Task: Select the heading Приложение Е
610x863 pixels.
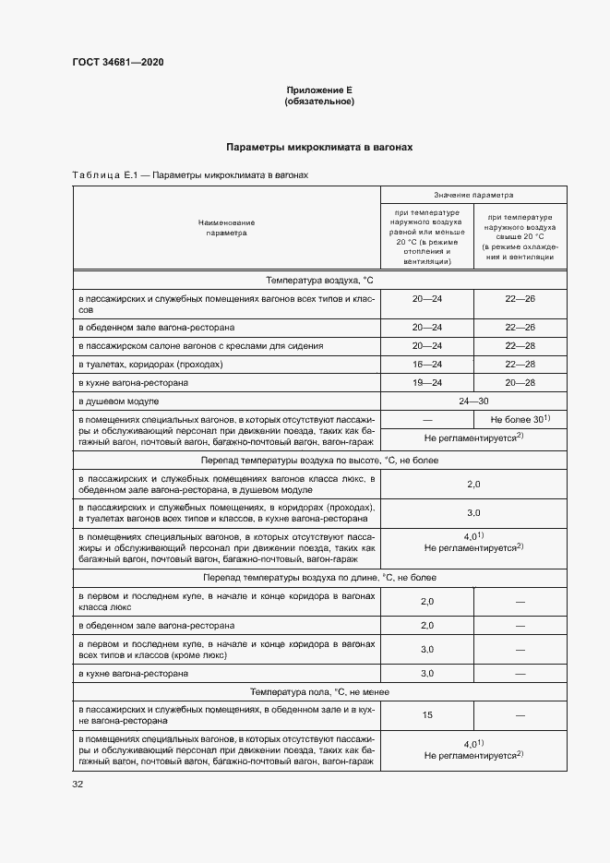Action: click(319, 90)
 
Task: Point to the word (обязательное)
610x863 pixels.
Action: click(319, 101)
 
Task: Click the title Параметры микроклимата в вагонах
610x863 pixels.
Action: click(319, 147)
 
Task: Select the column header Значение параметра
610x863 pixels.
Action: click(473, 196)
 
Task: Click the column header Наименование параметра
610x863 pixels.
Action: click(226, 228)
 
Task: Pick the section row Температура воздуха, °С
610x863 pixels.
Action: click(318, 280)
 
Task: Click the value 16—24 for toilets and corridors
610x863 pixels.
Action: click(426, 365)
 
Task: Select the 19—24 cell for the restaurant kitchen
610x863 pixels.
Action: click(426, 383)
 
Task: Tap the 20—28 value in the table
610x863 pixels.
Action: click(520, 383)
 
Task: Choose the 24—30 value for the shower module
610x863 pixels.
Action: click(473, 402)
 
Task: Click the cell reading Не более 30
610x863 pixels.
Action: click(520, 420)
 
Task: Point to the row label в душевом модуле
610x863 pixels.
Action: click(119, 402)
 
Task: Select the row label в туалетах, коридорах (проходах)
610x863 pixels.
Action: click(150, 365)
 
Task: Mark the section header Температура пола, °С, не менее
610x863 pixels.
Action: click(318, 691)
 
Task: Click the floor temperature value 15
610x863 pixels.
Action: click(426, 715)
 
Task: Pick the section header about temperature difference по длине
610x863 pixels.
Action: click(318, 577)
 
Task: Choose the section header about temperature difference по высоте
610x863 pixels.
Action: click(318, 460)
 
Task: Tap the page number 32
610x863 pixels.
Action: click(78, 785)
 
